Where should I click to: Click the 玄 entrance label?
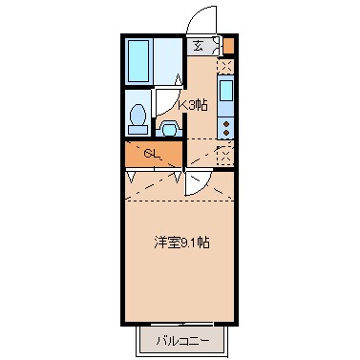[197, 46]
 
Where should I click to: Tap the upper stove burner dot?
[225, 121]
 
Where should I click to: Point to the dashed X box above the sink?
[226, 67]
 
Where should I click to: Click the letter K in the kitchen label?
[182, 104]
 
